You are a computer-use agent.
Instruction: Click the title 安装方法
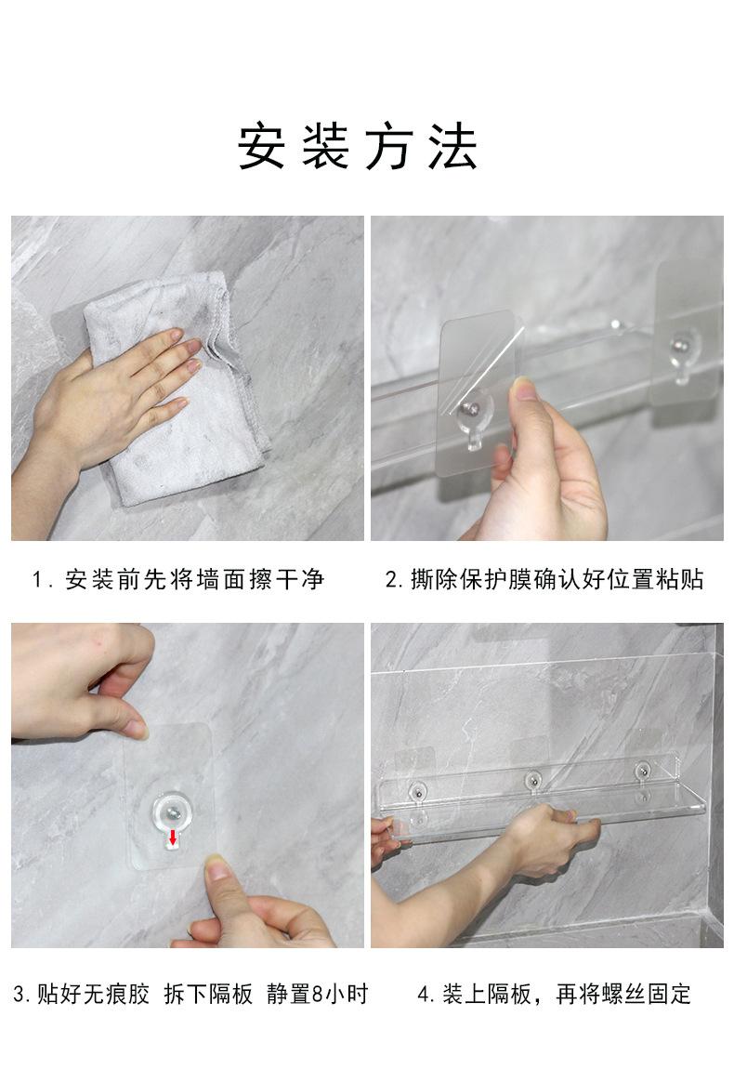pos(359,147)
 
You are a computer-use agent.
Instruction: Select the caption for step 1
pos(178,580)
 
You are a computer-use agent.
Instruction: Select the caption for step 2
pos(544,580)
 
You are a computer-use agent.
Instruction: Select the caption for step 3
pos(190,995)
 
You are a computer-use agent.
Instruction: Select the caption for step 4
pos(554,995)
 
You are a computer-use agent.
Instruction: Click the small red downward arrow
pos(173,839)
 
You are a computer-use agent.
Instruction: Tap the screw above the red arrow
pos(174,813)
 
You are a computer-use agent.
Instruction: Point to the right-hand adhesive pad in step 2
pos(688,330)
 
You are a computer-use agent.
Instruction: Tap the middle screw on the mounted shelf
pos(533,778)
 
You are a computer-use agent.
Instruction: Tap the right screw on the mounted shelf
pos(642,771)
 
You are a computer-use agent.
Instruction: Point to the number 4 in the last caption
pos(424,995)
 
